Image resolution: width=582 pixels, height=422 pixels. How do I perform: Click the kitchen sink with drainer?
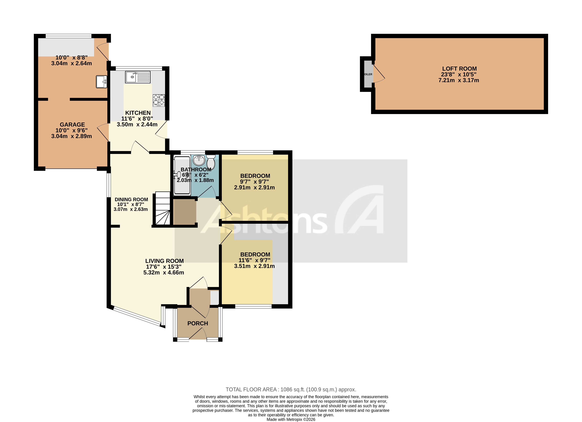(138, 77)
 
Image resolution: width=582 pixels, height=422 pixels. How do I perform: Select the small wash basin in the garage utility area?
(101, 82)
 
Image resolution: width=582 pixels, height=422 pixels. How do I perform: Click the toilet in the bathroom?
(211, 162)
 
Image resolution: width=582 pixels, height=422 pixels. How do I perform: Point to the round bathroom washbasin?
(199, 160)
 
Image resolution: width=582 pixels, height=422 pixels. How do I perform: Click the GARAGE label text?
(72, 125)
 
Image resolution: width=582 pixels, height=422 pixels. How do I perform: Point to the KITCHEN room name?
(138, 113)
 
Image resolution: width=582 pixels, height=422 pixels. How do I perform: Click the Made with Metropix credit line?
(291, 420)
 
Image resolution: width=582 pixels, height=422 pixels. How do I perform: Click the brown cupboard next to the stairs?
(185, 212)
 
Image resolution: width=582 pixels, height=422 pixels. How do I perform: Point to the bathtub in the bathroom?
(182, 175)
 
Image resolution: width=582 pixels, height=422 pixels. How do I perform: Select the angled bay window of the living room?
(137, 316)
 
